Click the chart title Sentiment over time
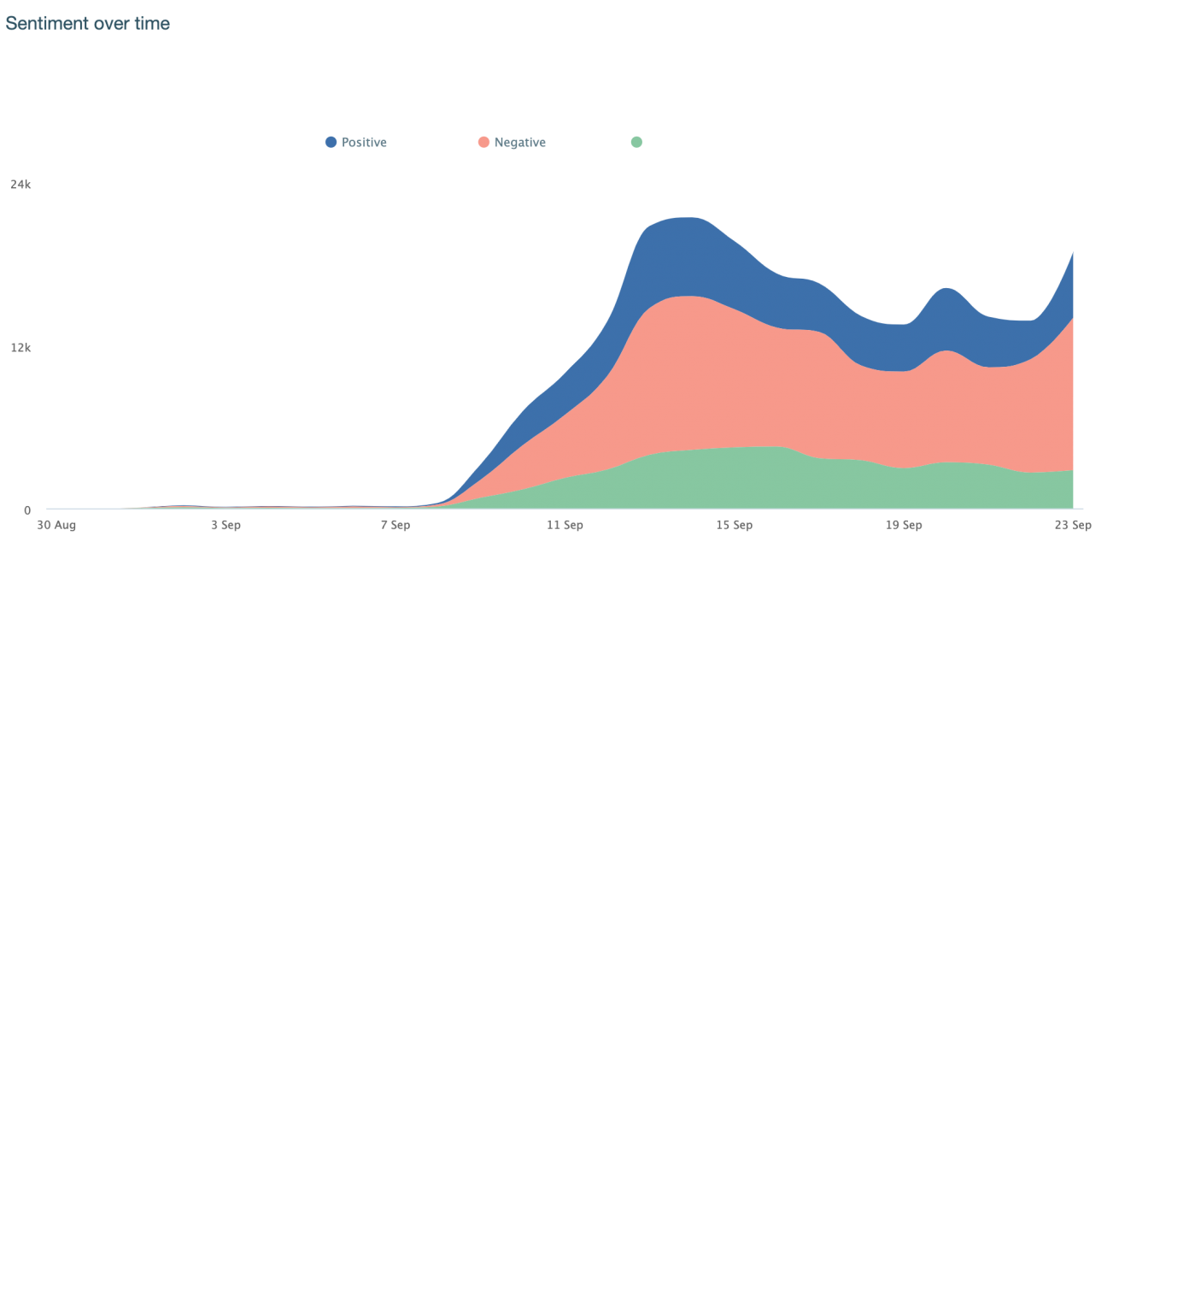(x=87, y=24)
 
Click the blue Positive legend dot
(x=331, y=142)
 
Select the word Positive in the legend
(x=364, y=143)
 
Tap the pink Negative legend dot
(x=483, y=142)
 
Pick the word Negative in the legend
(x=519, y=143)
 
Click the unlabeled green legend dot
(x=636, y=142)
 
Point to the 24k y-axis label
(x=21, y=184)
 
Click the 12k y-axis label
(x=21, y=347)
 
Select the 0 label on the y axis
(x=27, y=510)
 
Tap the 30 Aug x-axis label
(x=56, y=525)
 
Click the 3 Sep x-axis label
(x=226, y=525)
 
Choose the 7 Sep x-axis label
(x=395, y=525)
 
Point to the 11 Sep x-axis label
(x=565, y=525)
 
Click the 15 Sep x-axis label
(x=734, y=525)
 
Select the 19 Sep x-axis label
(x=904, y=525)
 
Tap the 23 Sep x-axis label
(x=1072, y=525)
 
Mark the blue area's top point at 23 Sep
(x=1072, y=252)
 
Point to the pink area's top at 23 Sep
(x=1072, y=318)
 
